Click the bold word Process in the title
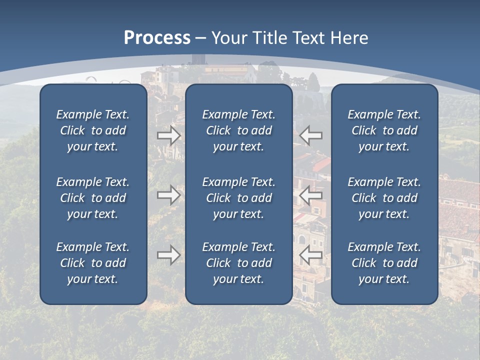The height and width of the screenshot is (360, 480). (x=157, y=37)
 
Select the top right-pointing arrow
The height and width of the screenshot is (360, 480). (x=169, y=135)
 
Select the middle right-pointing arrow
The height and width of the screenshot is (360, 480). (x=169, y=195)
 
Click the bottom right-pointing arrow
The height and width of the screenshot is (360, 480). (x=169, y=255)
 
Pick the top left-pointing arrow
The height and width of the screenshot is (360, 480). (x=310, y=135)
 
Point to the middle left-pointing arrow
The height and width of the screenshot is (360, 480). (x=310, y=195)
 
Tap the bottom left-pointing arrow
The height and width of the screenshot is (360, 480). (x=310, y=255)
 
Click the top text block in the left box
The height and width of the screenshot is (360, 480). (x=93, y=130)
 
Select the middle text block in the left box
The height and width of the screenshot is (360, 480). (x=93, y=198)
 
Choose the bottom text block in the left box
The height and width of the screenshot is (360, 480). (x=93, y=263)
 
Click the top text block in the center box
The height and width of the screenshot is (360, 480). (x=239, y=130)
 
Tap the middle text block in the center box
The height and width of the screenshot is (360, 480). (x=239, y=198)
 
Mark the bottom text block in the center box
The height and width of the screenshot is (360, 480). (x=239, y=263)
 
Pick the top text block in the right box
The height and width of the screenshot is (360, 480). (x=384, y=130)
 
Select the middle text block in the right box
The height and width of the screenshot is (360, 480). (x=384, y=198)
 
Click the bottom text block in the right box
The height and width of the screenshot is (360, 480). (x=384, y=263)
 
